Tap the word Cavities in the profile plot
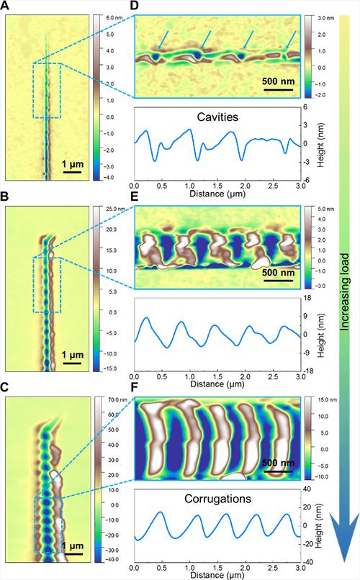[x=216, y=116]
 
